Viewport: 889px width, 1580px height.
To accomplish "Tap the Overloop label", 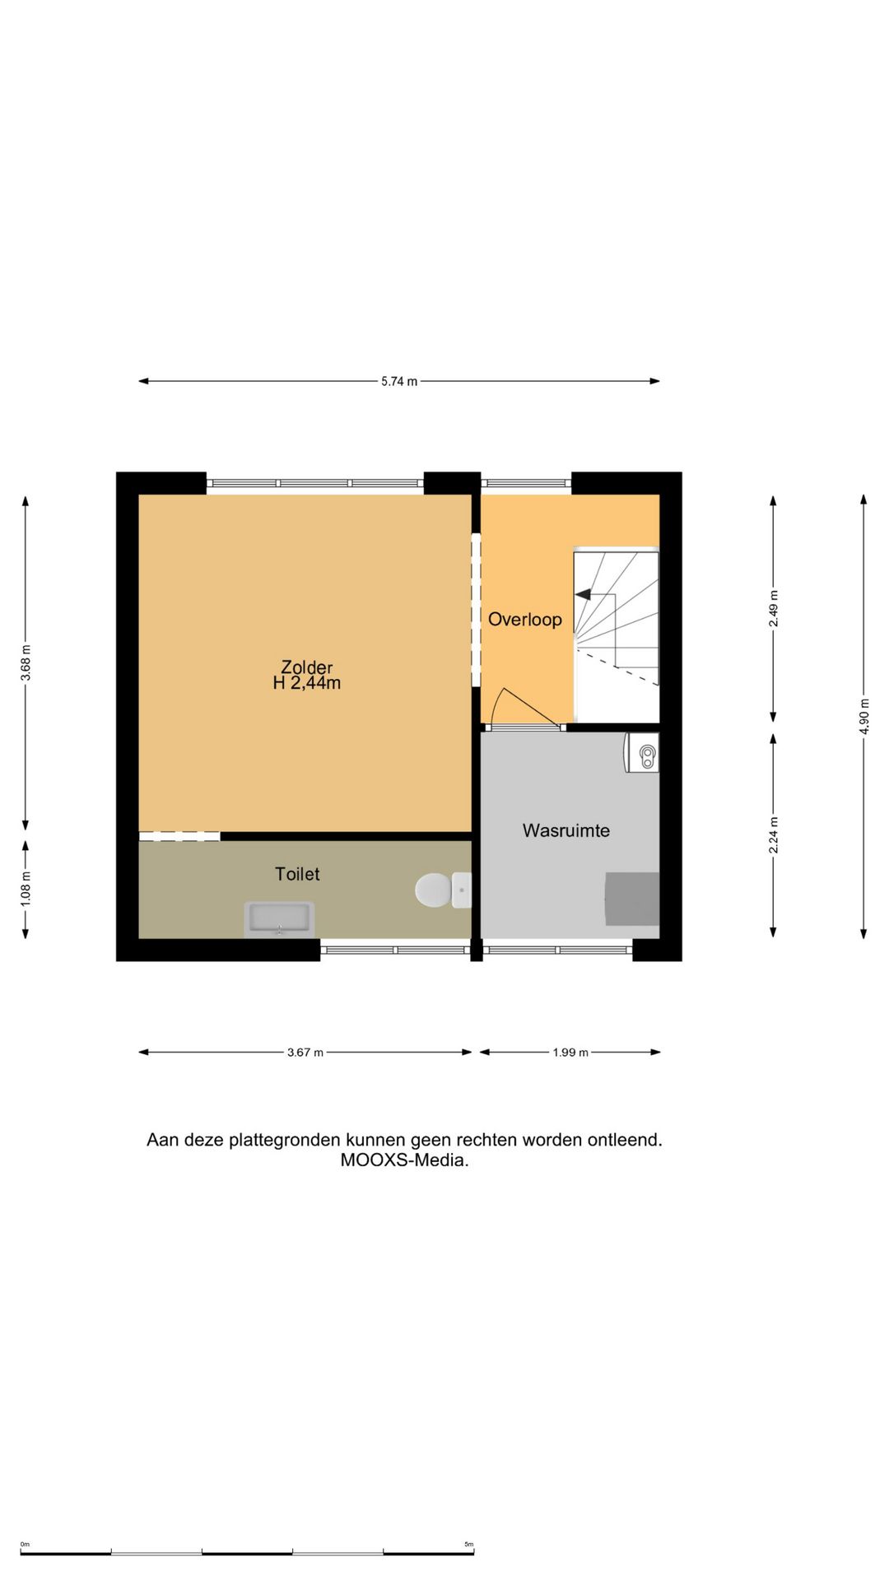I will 524,620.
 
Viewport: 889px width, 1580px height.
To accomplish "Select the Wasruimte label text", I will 566,830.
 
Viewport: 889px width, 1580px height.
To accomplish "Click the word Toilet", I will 297,874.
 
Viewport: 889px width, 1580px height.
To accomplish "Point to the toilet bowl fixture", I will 434,890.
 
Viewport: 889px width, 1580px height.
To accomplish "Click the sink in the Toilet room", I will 279,918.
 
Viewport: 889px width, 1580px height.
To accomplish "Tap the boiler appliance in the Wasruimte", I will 643,753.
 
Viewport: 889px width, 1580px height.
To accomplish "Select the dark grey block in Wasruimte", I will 632,899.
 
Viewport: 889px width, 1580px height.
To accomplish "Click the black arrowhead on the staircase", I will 582,594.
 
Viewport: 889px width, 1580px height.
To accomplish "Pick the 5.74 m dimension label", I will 399,381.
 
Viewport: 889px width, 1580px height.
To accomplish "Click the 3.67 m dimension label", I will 305,1052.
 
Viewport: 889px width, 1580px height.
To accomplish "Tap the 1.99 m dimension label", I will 570,1052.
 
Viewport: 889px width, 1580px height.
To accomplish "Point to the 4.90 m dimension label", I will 863,716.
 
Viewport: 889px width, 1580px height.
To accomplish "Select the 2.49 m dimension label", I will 773,608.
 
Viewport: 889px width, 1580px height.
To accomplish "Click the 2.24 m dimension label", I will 773,834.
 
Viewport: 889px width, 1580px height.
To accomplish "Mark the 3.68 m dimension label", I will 26,662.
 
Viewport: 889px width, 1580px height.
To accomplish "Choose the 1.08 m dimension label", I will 26,889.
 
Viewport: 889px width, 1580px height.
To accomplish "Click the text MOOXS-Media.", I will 404,1160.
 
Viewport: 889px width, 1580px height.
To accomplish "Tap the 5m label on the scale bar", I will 468,1545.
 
